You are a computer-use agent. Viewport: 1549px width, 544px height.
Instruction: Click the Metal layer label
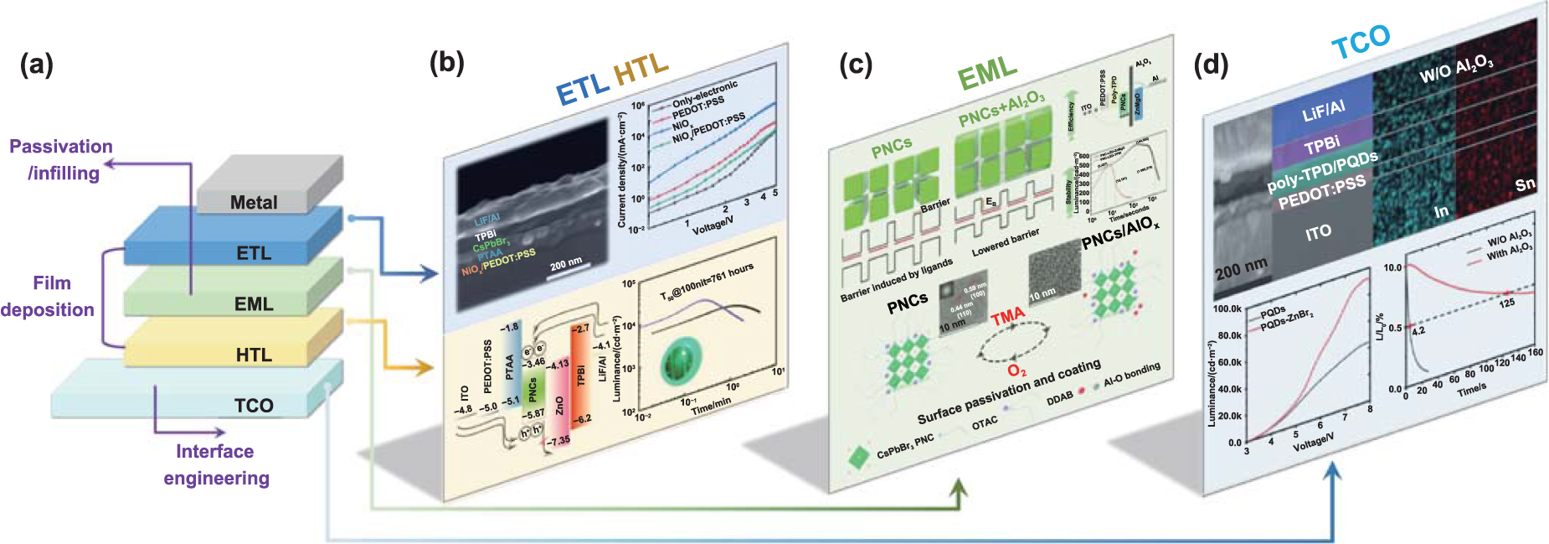pyautogui.click(x=253, y=203)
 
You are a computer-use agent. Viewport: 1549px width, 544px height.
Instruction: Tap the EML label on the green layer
pyautogui.click(x=253, y=304)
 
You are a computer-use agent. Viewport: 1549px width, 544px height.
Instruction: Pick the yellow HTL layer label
pyautogui.click(x=253, y=355)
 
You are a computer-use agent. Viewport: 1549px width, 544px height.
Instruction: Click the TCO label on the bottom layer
pyautogui.click(x=253, y=406)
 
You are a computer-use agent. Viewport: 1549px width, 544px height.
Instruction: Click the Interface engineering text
pyautogui.click(x=216, y=464)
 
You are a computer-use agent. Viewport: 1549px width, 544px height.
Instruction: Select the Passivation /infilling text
pyautogui.click(x=62, y=159)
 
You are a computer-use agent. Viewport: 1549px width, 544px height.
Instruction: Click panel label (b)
pyautogui.click(x=446, y=63)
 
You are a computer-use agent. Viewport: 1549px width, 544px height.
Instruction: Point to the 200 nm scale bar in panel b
pyautogui.click(x=567, y=266)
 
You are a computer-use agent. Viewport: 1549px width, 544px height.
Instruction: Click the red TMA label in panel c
pyautogui.click(x=1007, y=316)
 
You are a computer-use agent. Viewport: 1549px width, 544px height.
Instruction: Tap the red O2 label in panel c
pyautogui.click(x=1016, y=370)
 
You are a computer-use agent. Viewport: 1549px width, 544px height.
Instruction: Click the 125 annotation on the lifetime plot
pyautogui.click(x=1506, y=303)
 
